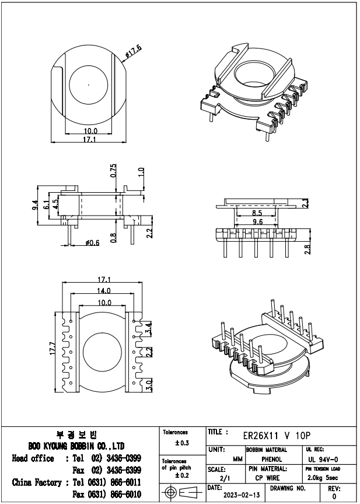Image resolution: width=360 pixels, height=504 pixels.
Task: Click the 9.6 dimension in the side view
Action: point(257,222)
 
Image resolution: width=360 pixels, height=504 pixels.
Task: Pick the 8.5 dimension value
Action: point(257,214)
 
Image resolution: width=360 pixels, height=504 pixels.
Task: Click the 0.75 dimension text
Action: point(114,171)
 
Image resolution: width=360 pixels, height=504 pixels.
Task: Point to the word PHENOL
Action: point(272,460)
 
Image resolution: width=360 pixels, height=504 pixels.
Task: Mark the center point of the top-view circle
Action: point(88,85)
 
